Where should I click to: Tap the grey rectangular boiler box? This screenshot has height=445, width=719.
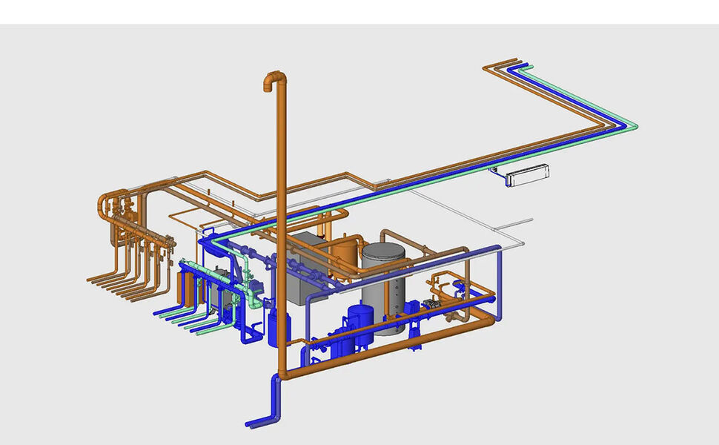(305, 267)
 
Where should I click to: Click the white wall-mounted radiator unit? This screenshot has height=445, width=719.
(528, 175)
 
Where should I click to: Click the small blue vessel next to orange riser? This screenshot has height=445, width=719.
(278, 328)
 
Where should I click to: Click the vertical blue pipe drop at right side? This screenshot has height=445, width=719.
(499, 286)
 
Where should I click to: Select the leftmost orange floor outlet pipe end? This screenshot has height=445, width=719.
(89, 280)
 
